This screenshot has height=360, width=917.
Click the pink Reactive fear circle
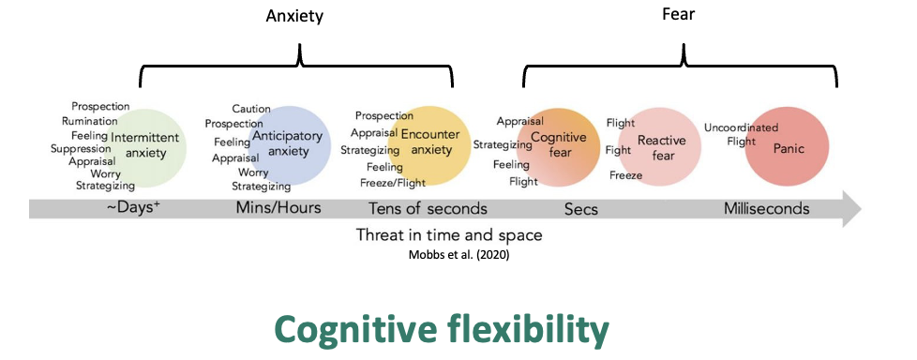pyautogui.click(x=660, y=147)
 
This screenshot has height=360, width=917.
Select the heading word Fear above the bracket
pyautogui.click(x=684, y=15)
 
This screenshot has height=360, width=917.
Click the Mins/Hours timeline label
pyautogui.click(x=278, y=207)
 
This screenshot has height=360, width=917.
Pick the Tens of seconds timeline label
pyautogui.click(x=428, y=207)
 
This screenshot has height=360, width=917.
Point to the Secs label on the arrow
pyautogui.click(x=581, y=207)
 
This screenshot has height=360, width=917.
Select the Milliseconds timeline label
pyautogui.click(x=766, y=207)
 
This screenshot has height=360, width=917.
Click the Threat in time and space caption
pyautogui.click(x=449, y=234)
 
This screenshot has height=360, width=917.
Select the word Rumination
pyautogui.click(x=90, y=121)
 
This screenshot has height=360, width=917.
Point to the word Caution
pyautogui.click(x=251, y=109)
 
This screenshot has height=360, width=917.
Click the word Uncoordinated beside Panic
pyautogui.click(x=740, y=127)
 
